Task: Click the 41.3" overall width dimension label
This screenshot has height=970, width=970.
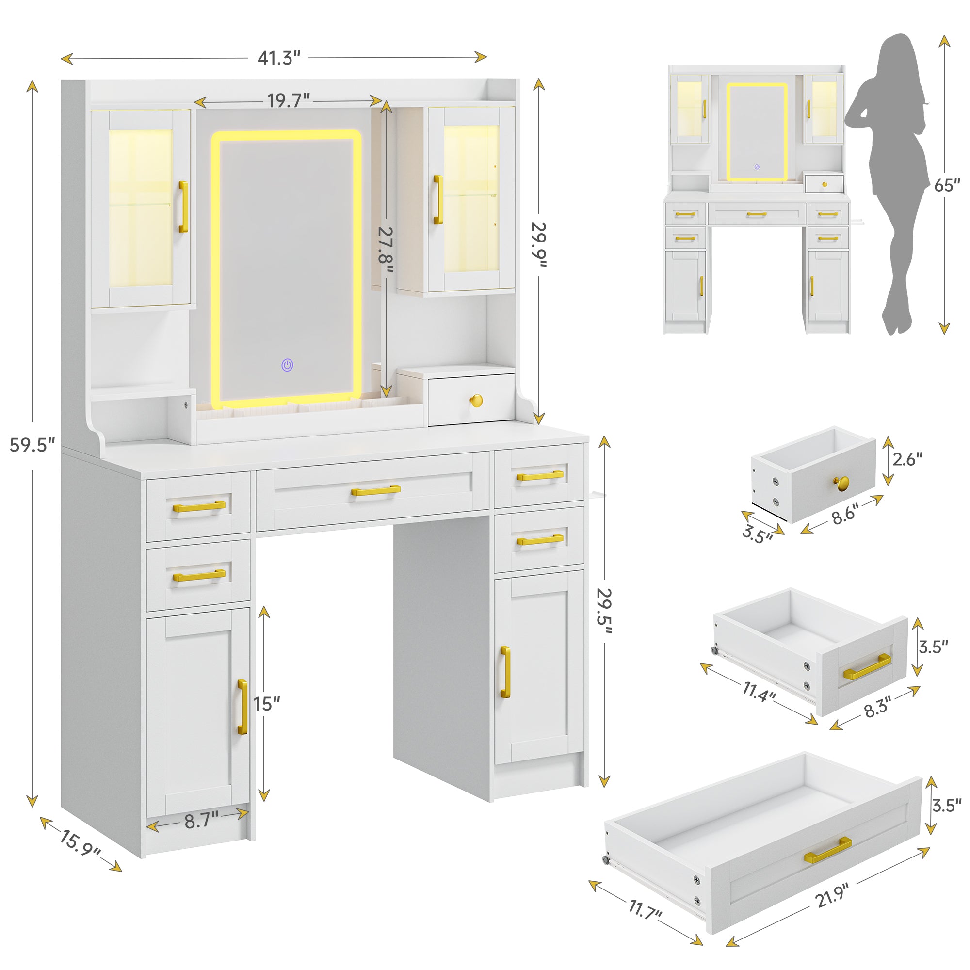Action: click(x=279, y=58)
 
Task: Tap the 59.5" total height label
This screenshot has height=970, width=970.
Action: click(x=32, y=445)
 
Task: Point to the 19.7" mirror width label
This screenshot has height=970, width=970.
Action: click(x=288, y=100)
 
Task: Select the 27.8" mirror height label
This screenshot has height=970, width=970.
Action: click(x=386, y=249)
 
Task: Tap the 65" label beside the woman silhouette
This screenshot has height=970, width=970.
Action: click(x=947, y=185)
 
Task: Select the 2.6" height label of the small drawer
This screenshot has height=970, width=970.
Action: click(x=907, y=459)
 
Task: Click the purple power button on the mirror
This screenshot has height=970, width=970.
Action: click(x=287, y=365)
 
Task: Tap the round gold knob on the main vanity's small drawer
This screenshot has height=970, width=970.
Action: click(x=476, y=401)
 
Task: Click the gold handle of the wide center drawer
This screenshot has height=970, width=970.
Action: click(x=375, y=490)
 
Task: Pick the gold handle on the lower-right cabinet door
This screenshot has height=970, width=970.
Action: click(x=505, y=672)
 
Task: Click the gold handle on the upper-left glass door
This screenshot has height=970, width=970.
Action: click(x=183, y=207)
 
